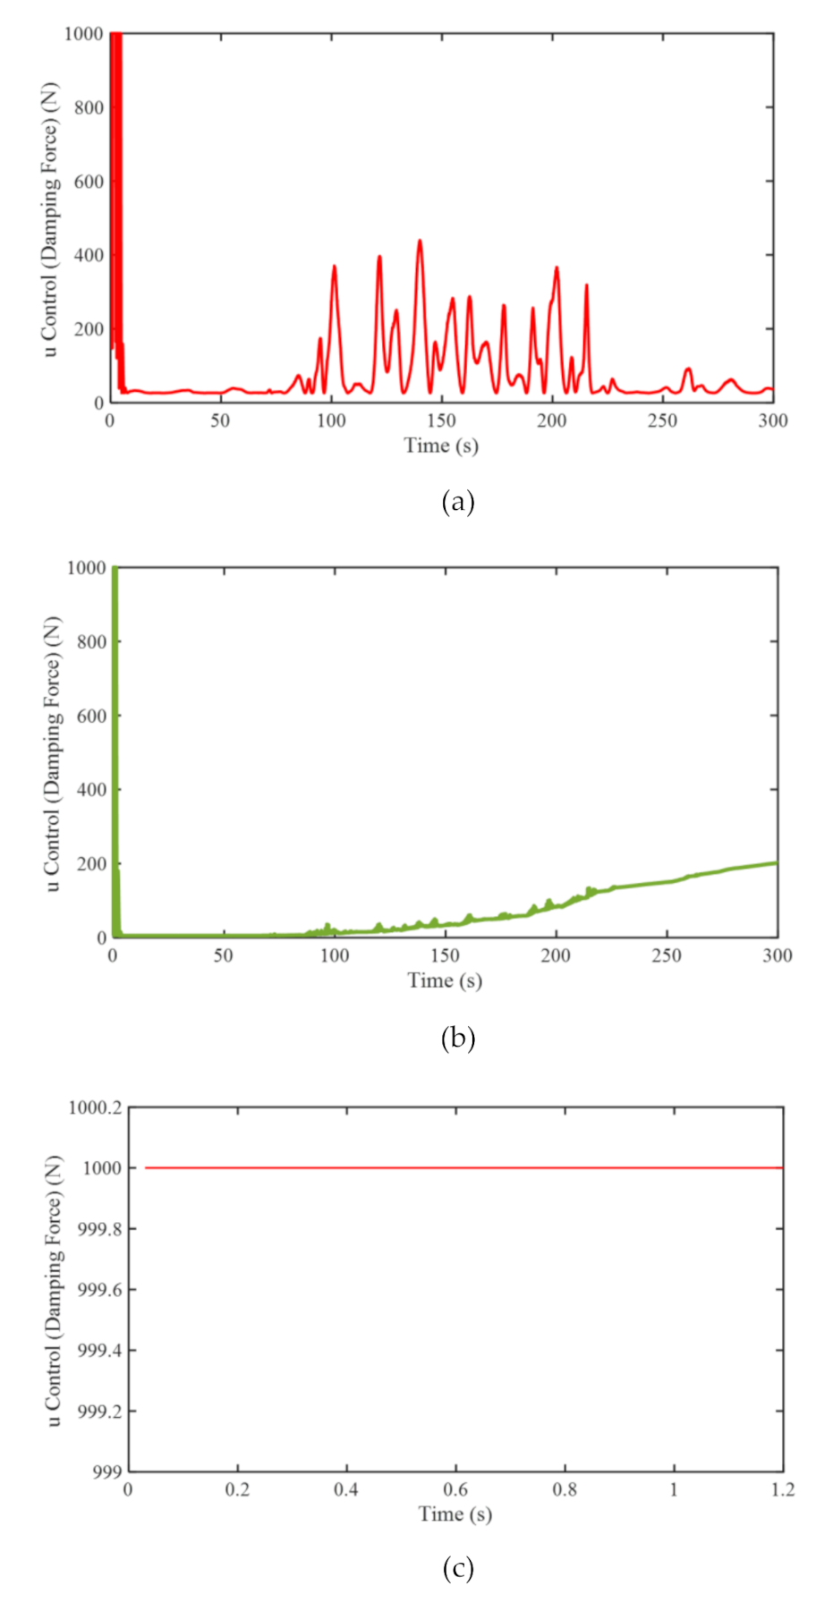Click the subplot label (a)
[x=457, y=502]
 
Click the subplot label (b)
[x=457, y=1038]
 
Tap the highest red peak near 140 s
[x=419, y=241]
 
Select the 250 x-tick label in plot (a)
[x=662, y=420]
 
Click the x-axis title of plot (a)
[x=441, y=445]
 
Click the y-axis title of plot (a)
[x=50, y=219]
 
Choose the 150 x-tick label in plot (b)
[x=445, y=955]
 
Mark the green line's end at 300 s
[x=776, y=862]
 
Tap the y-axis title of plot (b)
[x=53, y=753]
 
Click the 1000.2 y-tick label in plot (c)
[x=94, y=1107]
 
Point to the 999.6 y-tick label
[x=98, y=1290]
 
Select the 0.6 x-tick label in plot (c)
[x=455, y=1489]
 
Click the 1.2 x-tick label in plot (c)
[x=782, y=1489]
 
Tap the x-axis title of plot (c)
[x=455, y=1514]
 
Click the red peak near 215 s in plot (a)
[x=586, y=285]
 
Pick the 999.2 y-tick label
[x=98, y=1412]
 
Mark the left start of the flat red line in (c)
[x=146, y=1167]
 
